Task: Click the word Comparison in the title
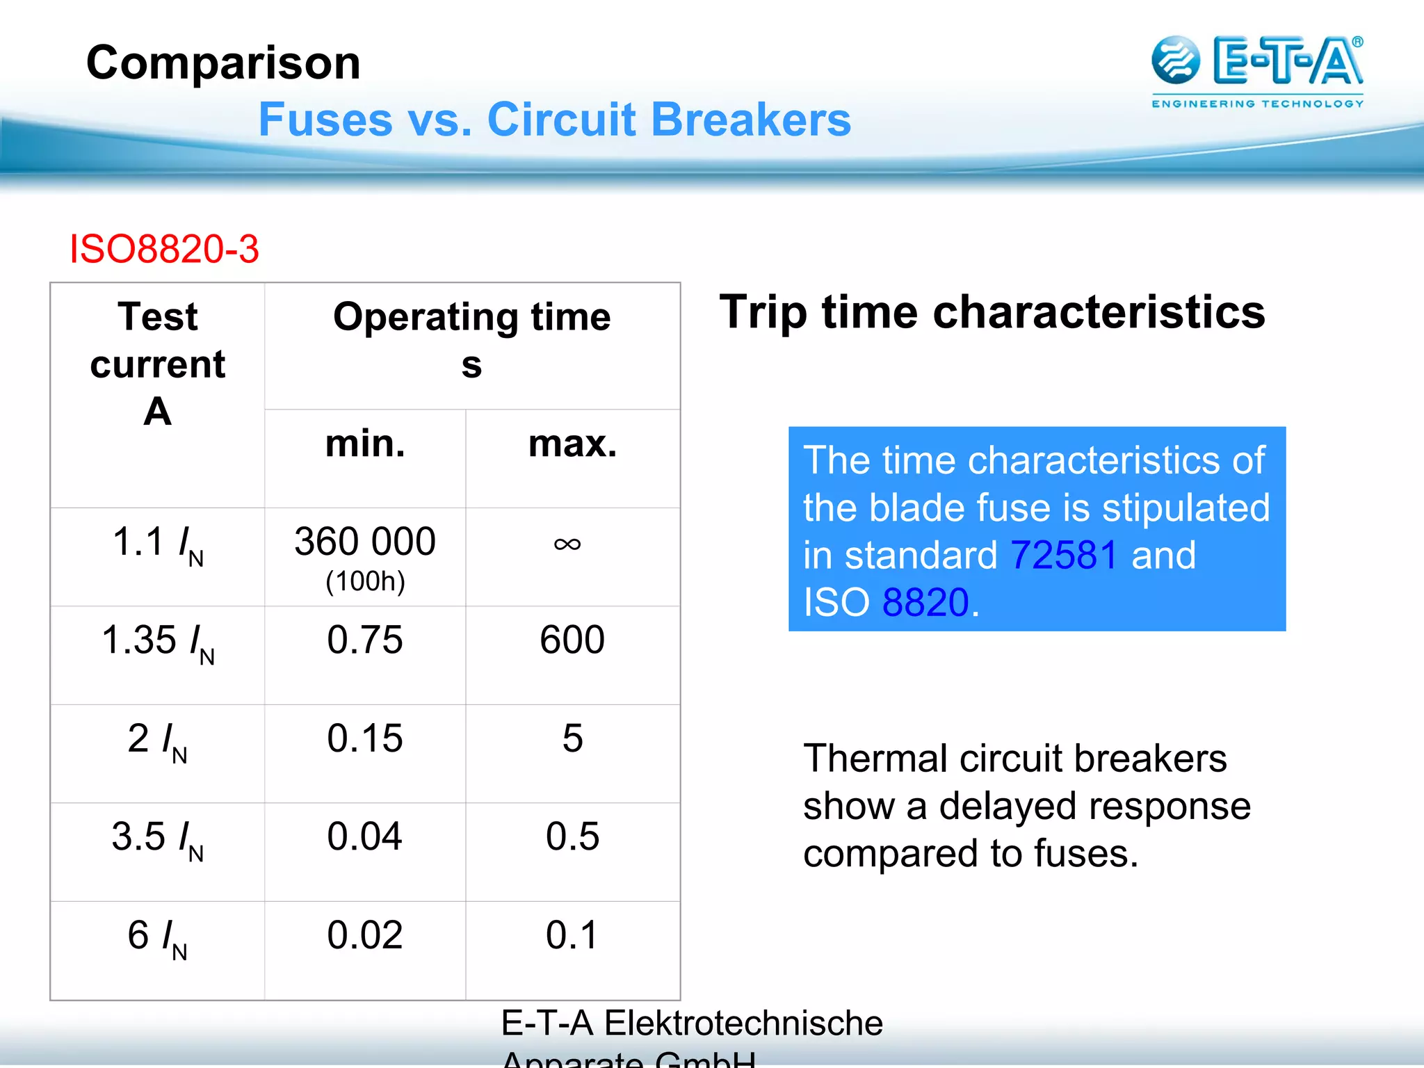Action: pos(223,63)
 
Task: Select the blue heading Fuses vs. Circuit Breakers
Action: pos(554,120)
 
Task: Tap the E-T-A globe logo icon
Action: pos(1175,60)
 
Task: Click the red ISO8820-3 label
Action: pos(164,249)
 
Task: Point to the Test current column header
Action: pos(158,363)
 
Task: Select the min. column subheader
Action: pos(365,444)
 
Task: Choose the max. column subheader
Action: pos(572,444)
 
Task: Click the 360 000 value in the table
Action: pos(365,542)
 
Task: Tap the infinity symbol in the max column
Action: pos(567,544)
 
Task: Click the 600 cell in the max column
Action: pos(572,640)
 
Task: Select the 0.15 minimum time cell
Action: pos(365,738)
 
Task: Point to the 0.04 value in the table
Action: pos(365,836)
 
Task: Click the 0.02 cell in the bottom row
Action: pos(365,935)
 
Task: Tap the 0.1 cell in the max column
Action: pos(572,935)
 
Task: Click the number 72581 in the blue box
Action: pos(1064,555)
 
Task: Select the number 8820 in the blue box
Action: pos(925,602)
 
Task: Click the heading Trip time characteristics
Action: pos(992,312)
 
